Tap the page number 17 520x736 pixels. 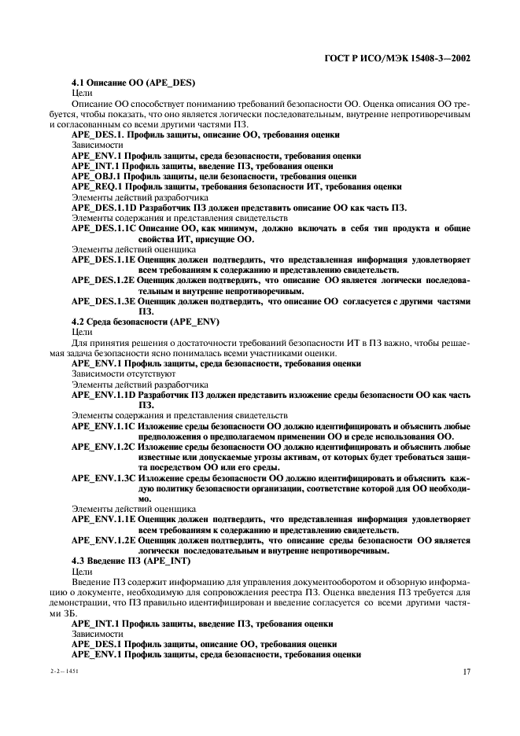[466, 672]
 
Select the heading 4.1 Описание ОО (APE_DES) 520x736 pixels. [133, 83]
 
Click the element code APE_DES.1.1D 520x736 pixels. [104, 208]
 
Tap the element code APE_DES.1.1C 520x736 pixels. [104, 228]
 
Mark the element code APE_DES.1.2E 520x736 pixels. [104, 280]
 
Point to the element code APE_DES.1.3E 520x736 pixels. [104, 301]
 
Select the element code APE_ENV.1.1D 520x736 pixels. [104, 394]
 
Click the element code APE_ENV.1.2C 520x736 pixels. [104, 446]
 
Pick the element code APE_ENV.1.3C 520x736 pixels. [104, 477]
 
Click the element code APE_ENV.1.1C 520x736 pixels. [104, 425]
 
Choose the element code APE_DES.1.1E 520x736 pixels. [104, 259]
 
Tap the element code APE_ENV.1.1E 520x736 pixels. [104, 519]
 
